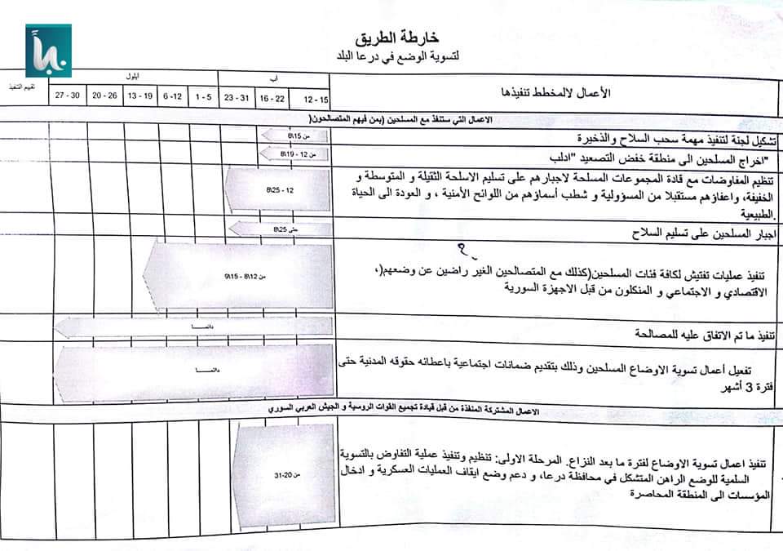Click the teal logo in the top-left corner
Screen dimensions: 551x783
coord(48,50)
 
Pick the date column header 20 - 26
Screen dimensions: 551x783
coord(104,96)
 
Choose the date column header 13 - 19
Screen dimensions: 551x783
coord(140,96)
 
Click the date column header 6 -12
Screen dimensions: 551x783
coord(172,96)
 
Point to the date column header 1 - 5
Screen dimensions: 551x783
coord(204,96)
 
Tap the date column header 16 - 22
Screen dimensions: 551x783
coord(272,97)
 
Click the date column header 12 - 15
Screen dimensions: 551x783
coord(315,99)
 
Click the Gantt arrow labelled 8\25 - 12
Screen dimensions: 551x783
coord(277,190)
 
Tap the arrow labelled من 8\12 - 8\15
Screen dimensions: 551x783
coord(237,278)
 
